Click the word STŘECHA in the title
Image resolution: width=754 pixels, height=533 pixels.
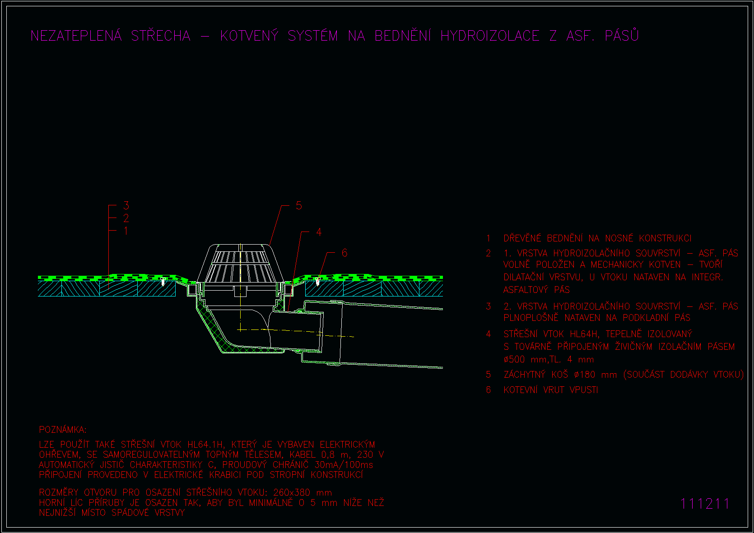[161, 36]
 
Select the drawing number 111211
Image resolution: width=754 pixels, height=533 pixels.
[705, 504]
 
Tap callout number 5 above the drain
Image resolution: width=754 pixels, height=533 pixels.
[299, 206]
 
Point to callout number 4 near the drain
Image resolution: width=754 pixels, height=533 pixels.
[319, 232]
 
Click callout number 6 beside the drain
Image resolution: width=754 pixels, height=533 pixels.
[344, 253]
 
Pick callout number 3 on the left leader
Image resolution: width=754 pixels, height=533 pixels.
[126, 205]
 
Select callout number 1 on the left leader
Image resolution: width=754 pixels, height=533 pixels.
[126, 231]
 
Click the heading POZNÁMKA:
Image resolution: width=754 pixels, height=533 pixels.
[63, 429]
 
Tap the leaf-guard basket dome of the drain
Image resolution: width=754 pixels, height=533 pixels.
[241, 263]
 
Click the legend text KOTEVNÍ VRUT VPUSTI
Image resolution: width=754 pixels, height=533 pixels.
[551, 389]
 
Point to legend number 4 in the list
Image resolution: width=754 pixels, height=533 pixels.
[489, 334]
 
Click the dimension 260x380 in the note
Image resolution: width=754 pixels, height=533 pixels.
[292, 493]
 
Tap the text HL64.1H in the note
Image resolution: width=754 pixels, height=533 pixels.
[205, 445]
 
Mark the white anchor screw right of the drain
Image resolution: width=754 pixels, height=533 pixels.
[317, 282]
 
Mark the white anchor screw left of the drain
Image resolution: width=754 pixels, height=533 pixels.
[163, 282]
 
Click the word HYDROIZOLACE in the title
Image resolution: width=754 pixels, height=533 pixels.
[490, 36]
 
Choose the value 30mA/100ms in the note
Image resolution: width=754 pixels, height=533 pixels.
[344, 465]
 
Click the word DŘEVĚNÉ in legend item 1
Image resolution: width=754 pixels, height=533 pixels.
[522, 238]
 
